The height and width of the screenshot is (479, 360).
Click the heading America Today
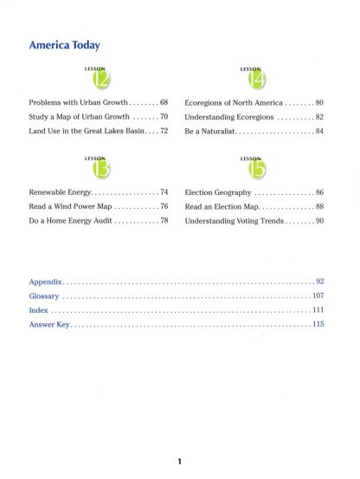[x=65, y=45]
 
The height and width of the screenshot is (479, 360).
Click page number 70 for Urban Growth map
[x=162, y=116]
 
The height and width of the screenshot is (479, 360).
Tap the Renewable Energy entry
[x=60, y=191]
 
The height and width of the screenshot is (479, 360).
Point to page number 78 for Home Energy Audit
[x=162, y=221]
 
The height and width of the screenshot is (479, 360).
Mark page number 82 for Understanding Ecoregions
[x=318, y=116]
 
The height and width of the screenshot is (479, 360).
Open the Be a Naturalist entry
[x=210, y=130]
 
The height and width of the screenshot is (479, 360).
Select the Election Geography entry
[x=218, y=191]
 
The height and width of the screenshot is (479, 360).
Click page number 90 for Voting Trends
[x=318, y=221]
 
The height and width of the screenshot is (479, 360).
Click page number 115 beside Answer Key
[x=318, y=324]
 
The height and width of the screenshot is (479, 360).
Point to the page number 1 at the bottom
[x=179, y=461]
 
